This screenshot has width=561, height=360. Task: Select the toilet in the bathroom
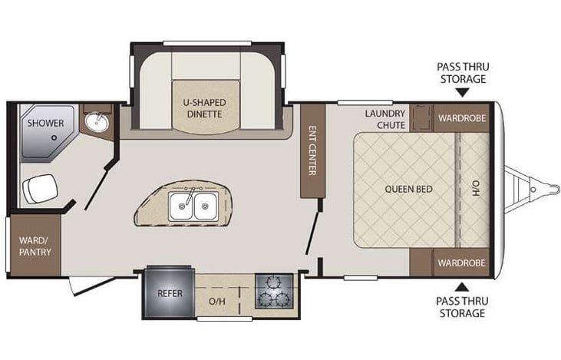(x=40, y=187)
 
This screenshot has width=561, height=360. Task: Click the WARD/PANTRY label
(x=33, y=245)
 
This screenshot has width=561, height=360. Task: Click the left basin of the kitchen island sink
(x=181, y=204)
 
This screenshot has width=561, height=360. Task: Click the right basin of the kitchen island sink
(x=205, y=204)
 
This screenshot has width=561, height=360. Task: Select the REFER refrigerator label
(x=169, y=292)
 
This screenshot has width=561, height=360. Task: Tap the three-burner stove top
(x=274, y=292)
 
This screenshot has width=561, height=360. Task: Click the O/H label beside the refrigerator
(x=217, y=301)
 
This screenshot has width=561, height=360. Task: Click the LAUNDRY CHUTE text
(x=384, y=119)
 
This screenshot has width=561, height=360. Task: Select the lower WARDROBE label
(x=461, y=263)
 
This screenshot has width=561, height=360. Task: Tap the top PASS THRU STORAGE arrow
(x=462, y=93)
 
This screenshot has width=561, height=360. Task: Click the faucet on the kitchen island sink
(x=193, y=189)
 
